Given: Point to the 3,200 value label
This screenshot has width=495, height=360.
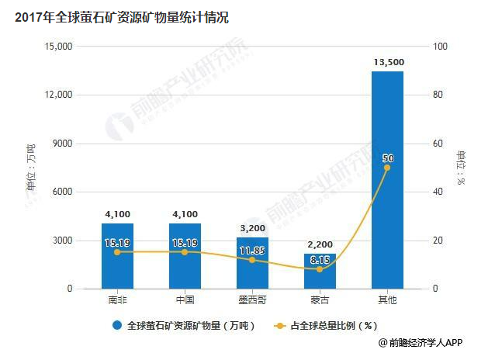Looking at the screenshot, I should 252,229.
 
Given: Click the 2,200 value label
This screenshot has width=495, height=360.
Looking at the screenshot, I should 320,245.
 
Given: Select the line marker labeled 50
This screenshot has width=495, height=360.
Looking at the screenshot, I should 387,168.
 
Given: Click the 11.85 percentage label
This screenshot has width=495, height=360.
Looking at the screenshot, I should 252,251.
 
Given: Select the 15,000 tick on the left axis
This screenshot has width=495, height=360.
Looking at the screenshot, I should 59,47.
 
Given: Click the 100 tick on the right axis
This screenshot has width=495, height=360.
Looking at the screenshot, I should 441,47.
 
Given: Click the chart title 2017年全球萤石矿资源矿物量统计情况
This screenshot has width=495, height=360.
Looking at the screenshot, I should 121,18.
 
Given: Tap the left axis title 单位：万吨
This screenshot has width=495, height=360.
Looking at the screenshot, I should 31,167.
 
